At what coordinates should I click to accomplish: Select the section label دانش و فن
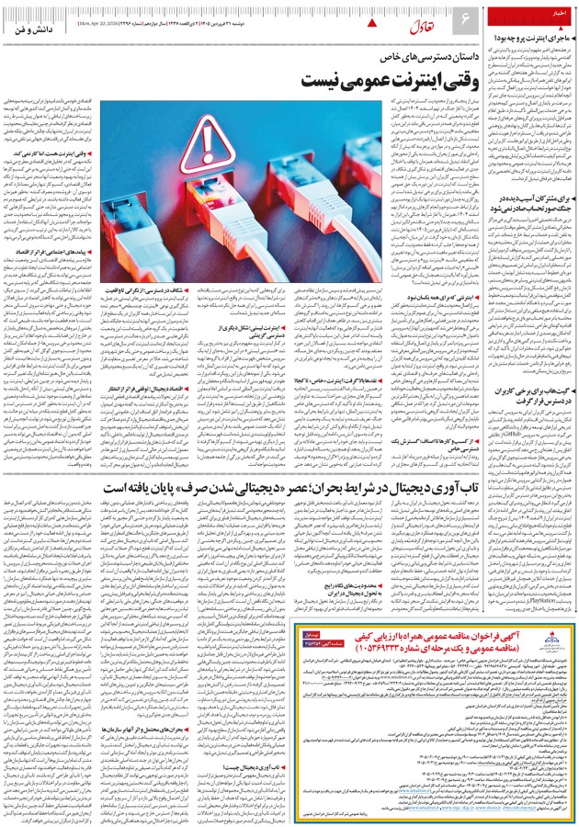[37, 30]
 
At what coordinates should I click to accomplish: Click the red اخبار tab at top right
[555, 14]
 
